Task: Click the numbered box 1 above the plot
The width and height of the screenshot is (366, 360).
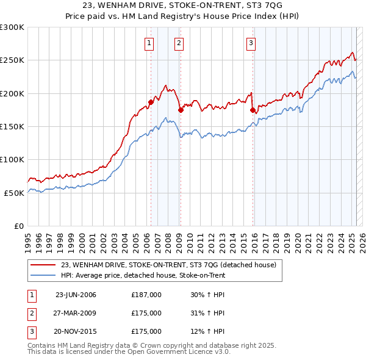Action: tap(149, 43)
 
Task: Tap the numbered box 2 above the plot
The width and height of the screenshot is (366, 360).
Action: tap(179, 43)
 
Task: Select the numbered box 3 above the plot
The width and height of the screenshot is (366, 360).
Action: tap(251, 43)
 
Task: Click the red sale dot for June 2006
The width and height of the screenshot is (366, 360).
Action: tap(151, 103)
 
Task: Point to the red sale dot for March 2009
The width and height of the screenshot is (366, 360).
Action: tap(181, 110)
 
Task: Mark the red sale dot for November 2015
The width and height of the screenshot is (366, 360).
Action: tap(253, 110)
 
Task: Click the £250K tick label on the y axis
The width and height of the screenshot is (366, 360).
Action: tap(12, 60)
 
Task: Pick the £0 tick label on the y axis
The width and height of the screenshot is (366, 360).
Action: tap(19, 226)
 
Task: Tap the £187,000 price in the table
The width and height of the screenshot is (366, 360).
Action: tap(146, 294)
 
